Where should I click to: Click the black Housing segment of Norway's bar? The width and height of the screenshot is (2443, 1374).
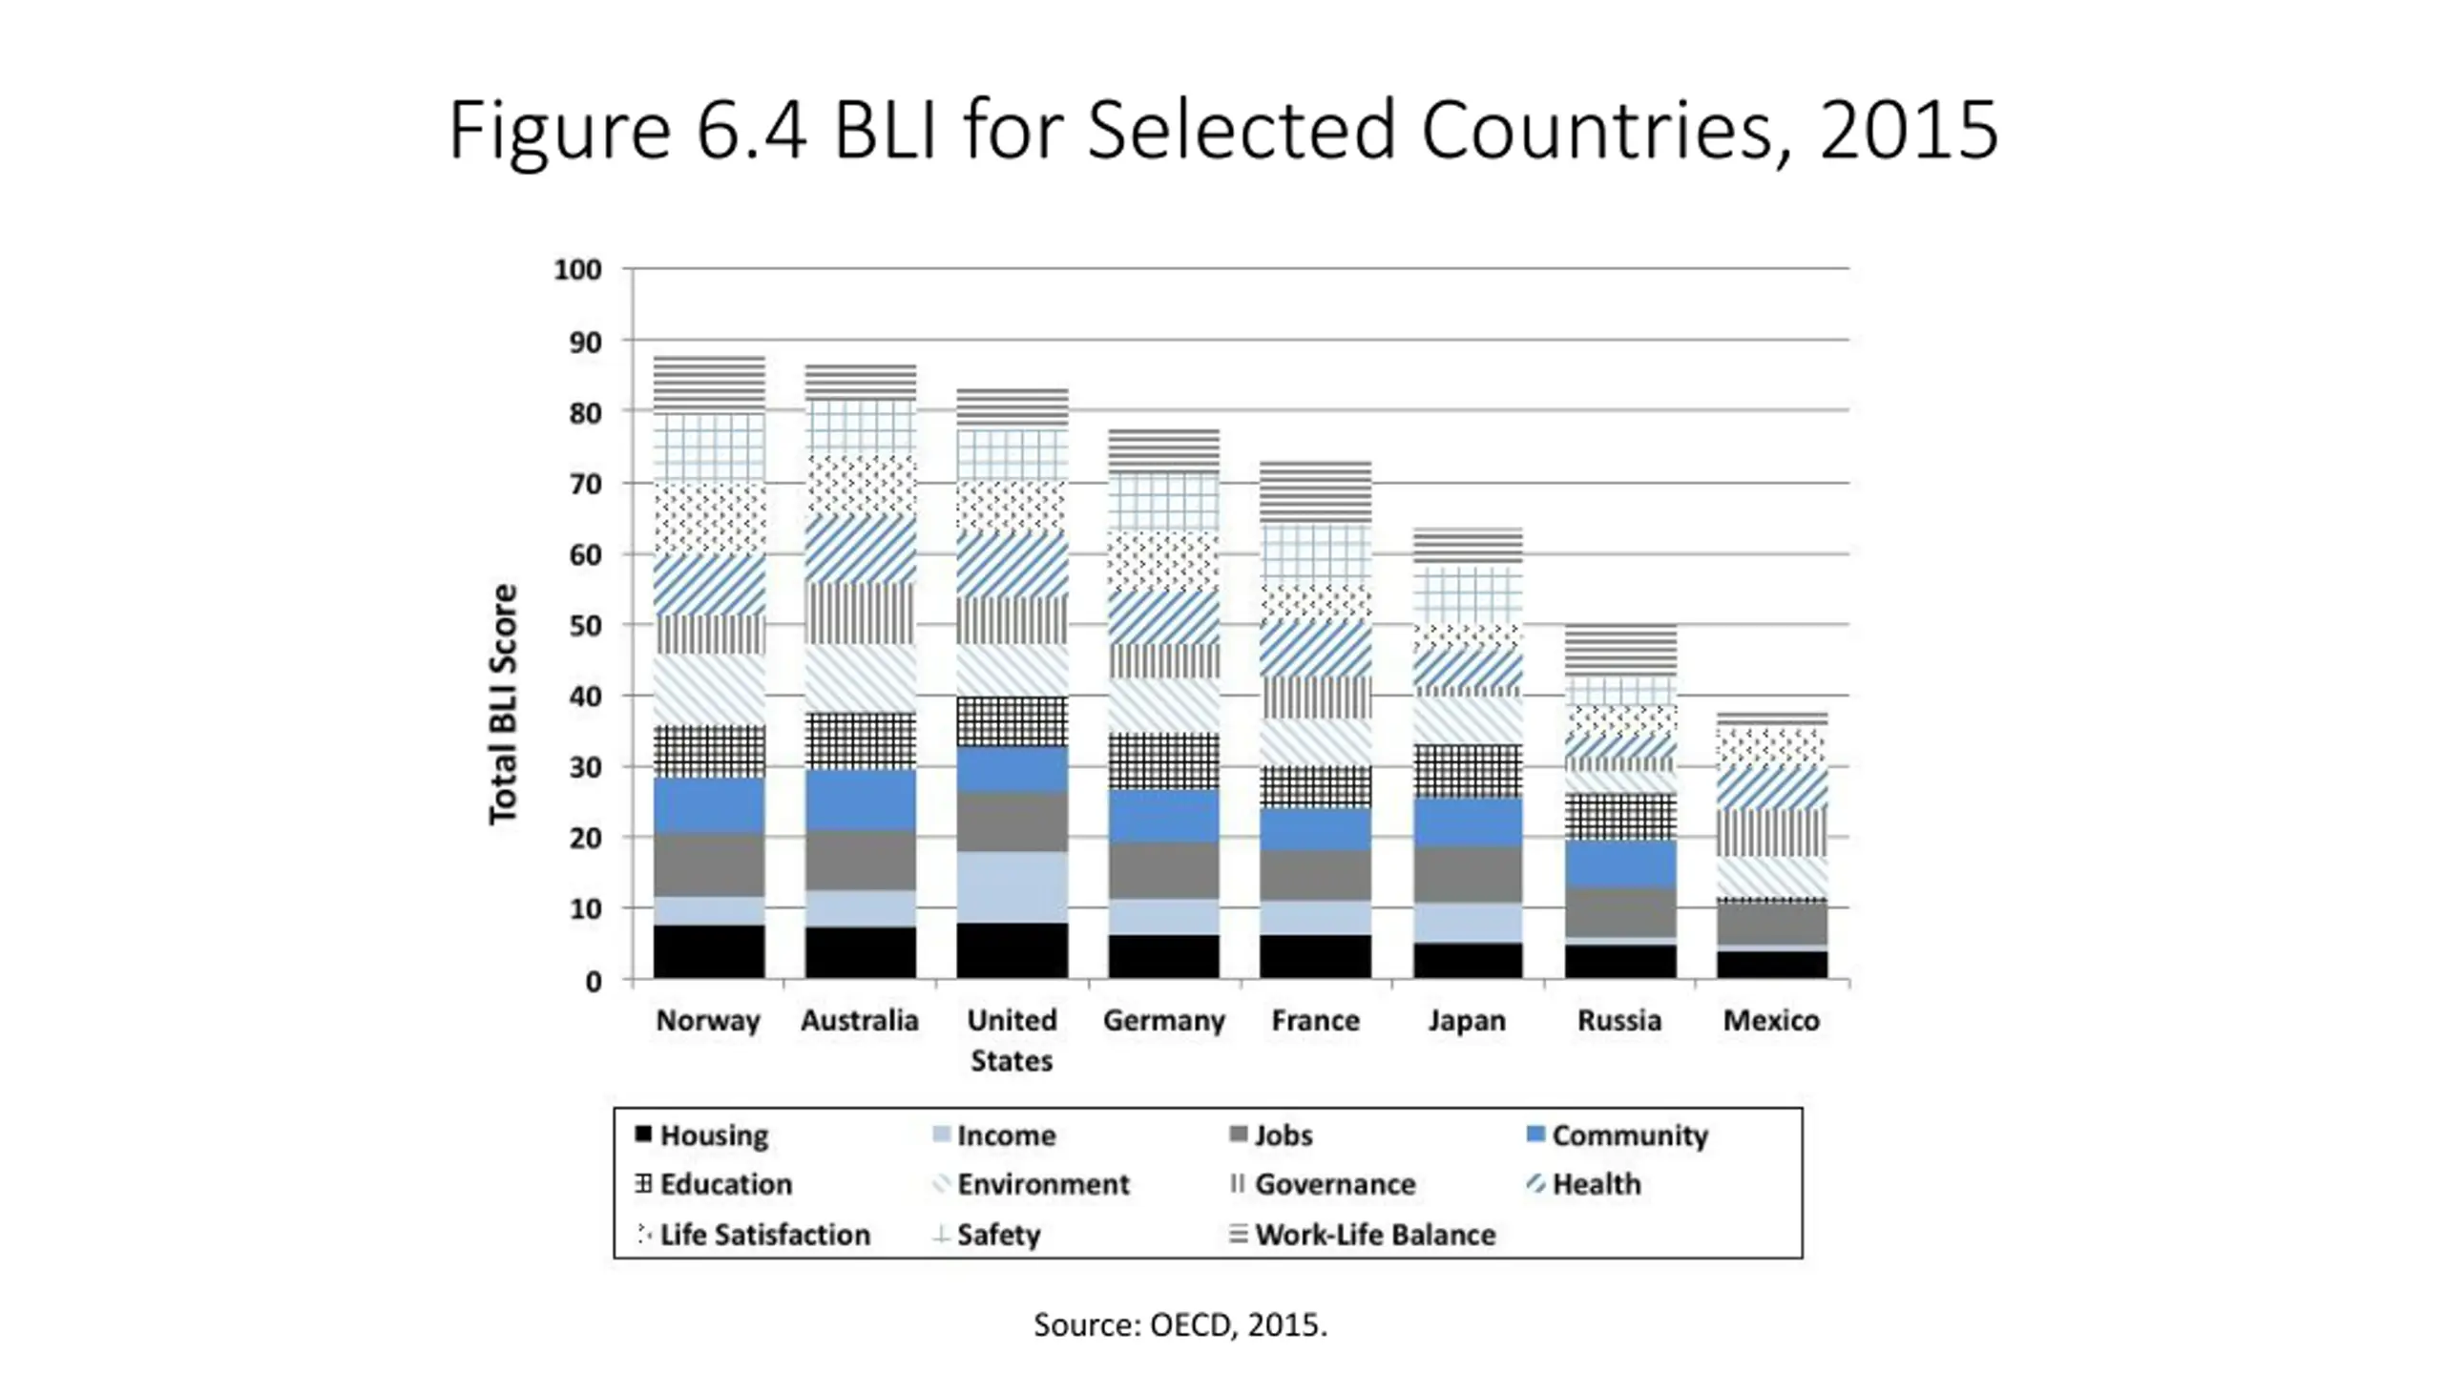point(708,950)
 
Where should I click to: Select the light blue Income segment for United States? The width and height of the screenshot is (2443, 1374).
point(1012,886)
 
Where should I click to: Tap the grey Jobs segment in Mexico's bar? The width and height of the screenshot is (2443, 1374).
point(1771,923)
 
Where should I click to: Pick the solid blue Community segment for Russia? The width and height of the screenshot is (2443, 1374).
point(1619,864)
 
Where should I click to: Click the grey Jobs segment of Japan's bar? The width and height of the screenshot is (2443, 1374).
point(1468,874)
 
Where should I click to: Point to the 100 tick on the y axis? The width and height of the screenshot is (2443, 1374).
point(578,270)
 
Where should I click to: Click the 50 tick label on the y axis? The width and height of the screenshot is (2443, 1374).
point(585,626)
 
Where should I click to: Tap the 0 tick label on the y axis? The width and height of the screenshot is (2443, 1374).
point(594,981)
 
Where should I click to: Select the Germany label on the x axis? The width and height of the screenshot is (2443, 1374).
point(1163,1020)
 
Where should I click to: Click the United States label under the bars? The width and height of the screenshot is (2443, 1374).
point(1012,1039)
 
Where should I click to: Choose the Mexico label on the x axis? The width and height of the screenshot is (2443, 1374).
point(1771,1020)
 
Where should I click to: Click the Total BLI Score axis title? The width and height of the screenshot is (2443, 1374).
point(503,704)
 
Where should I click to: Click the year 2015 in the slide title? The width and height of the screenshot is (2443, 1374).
point(1909,130)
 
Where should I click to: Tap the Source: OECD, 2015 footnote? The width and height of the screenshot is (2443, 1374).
point(1180,1324)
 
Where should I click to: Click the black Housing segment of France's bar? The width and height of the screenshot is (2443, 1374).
point(1315,956)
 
